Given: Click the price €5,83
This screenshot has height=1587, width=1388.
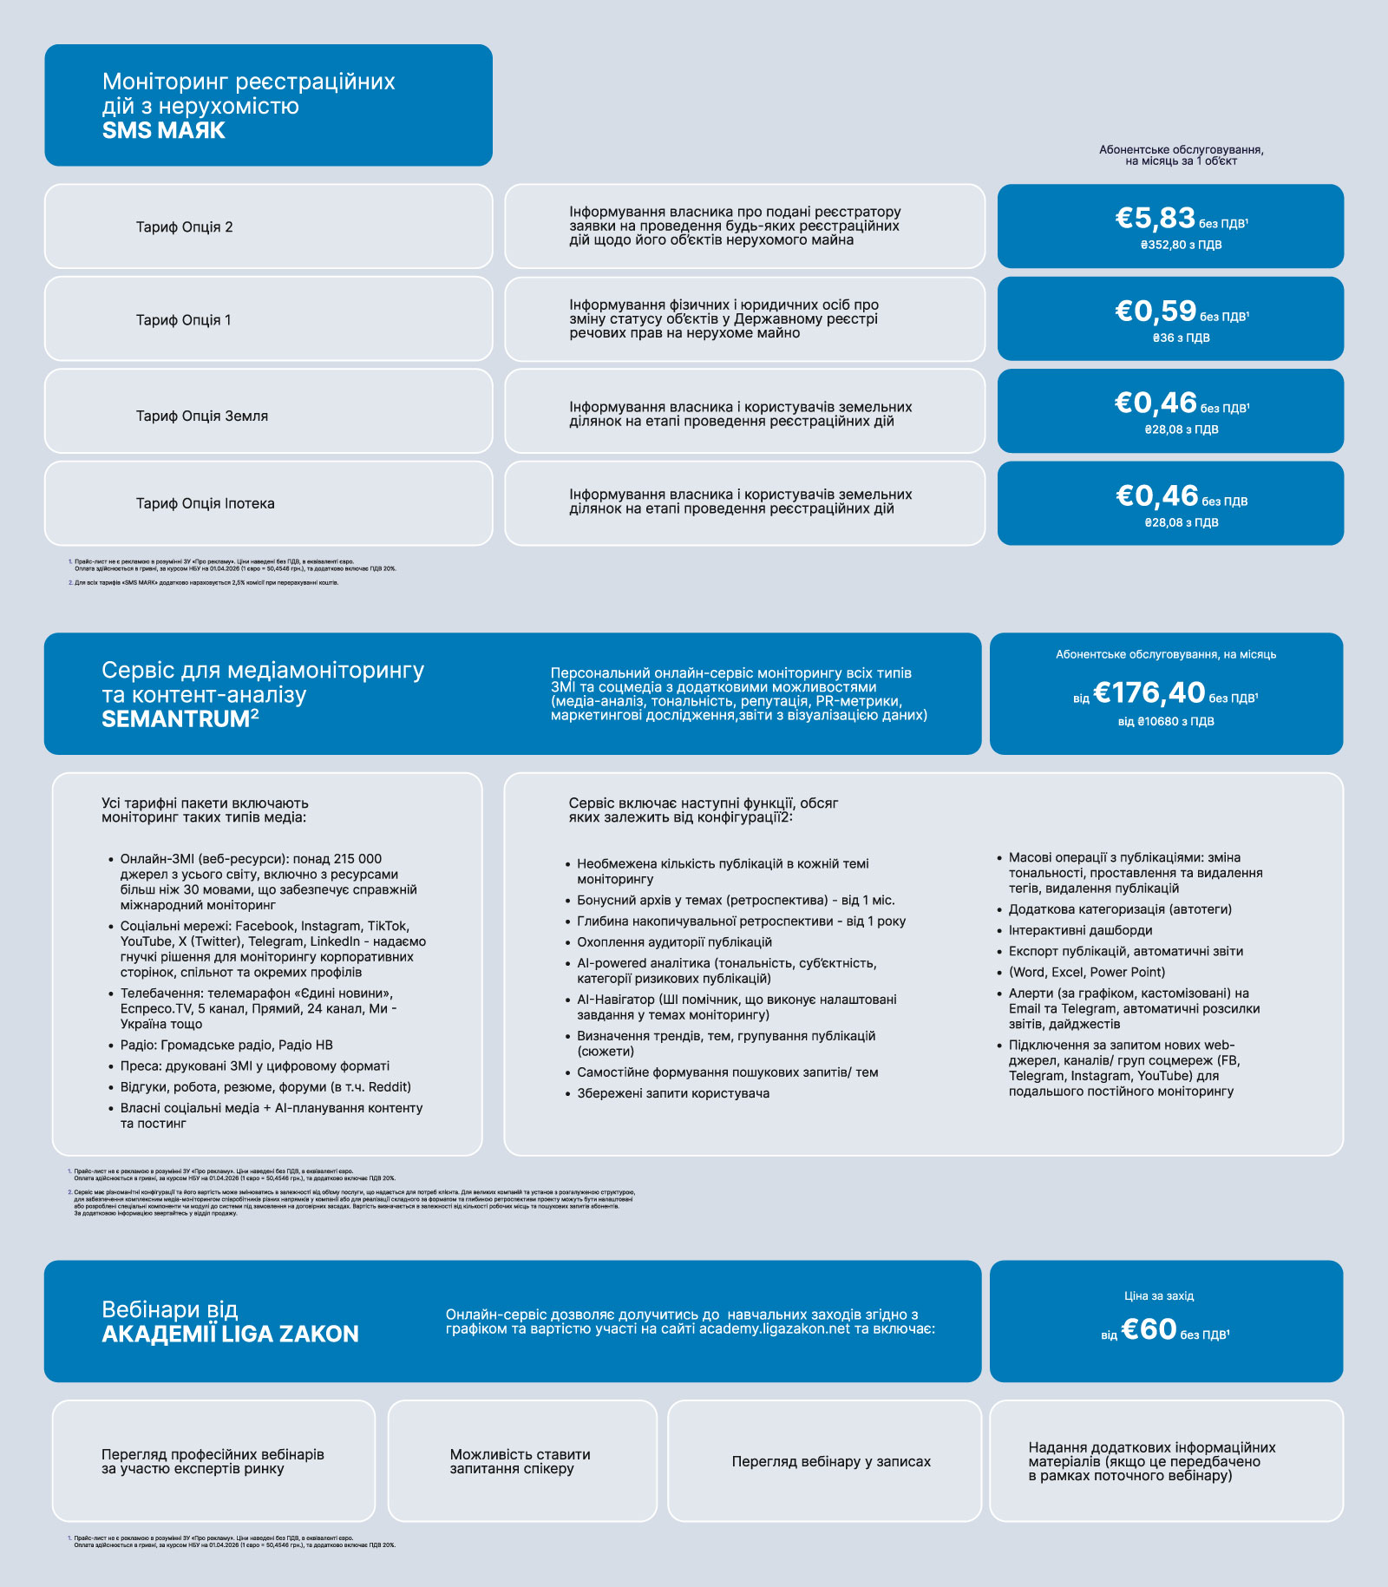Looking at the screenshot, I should (x=1155, y=218).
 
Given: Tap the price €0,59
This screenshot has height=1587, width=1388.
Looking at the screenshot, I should (x=1155, y=311).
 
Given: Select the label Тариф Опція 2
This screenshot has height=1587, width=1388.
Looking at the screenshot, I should (x=184, y=227).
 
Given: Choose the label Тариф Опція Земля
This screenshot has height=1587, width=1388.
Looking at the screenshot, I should (x=201, y=416).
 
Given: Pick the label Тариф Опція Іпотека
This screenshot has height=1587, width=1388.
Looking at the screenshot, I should (x=205, y=504).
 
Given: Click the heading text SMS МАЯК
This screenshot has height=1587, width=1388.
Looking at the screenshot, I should (x=163, y=131).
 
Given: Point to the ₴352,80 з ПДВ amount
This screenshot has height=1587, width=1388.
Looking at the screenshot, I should (x=1181, y=246).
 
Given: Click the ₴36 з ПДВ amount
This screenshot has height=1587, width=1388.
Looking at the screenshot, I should (x=1181, y=338).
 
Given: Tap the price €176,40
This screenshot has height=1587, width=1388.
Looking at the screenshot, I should (x=1149, y=693).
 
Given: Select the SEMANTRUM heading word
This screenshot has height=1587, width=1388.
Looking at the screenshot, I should (x=175, y=719).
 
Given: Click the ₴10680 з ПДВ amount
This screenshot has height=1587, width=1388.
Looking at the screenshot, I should (x=1165, y=722).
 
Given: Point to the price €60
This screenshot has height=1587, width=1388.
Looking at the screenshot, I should (x=1149, y=1329).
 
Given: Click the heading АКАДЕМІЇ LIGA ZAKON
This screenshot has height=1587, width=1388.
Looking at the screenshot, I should (x=230, y=1335).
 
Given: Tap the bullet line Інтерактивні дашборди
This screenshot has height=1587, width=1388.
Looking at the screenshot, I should (x=1080, y=931).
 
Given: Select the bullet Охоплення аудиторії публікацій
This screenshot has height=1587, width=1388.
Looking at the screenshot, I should (x=674, y=942).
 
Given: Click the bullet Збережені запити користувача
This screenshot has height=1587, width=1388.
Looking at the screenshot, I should (x=673, y=1093).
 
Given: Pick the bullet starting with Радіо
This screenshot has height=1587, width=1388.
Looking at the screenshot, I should (x=226, y=1046).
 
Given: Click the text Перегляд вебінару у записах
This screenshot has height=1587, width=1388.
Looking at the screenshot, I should (x=831, y=1462).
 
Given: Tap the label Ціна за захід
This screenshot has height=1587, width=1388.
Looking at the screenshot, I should (x=1159, y=1296).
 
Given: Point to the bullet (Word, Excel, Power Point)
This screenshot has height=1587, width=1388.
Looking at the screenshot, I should (x=1086, y=973).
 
